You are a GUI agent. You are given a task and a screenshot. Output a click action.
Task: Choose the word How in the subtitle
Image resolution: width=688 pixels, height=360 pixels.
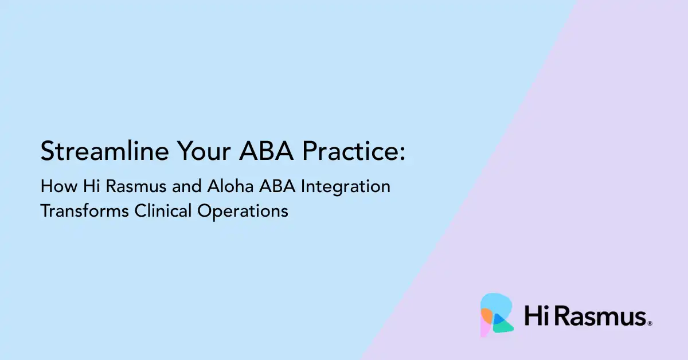point(55,187)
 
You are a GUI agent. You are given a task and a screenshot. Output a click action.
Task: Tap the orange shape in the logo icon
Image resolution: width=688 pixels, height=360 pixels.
point(487,314)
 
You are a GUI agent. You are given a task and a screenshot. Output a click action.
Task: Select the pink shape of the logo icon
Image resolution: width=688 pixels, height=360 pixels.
point(484,328)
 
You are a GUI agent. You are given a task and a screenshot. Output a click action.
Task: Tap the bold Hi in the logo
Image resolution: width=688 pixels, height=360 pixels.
point(535,316)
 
